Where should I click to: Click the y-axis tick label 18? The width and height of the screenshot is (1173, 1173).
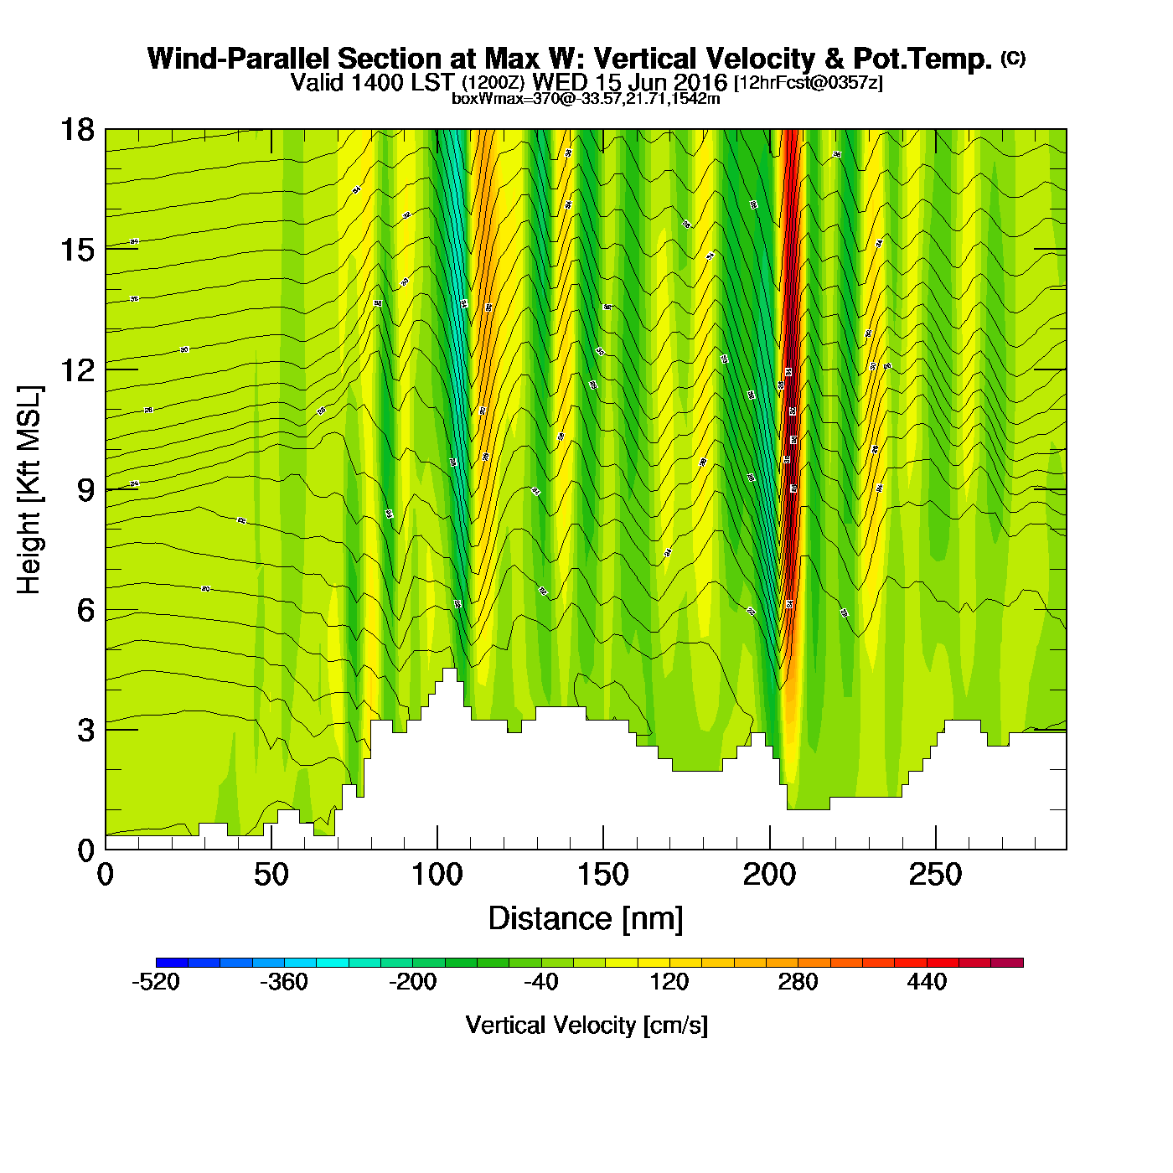coord(76,130)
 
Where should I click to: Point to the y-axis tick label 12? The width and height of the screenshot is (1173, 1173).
coord(76,369)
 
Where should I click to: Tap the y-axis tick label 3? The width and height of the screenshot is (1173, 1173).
coord(85,730)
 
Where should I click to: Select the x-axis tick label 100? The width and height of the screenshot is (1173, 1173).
coord(437,876)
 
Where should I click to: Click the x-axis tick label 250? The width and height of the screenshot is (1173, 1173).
coord(935,876)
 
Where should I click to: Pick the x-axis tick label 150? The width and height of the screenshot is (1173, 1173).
coord(602,876)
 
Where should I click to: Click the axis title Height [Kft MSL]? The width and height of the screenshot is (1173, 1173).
coord(29,490)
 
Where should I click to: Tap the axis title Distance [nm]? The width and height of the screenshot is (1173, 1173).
coord(586,919)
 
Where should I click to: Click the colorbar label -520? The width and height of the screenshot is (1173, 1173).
coord(156,982)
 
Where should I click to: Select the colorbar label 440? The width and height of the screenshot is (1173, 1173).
coord(926,982)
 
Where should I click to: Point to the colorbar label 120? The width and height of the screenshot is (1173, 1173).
coord(669,982)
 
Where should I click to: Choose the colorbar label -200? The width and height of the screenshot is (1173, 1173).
coord(412,982)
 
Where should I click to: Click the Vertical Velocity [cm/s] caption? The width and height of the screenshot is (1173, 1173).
coord(586,1026)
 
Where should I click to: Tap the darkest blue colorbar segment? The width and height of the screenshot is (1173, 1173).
coord(172,963)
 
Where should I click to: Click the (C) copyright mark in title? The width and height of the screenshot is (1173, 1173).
coord(1013,58)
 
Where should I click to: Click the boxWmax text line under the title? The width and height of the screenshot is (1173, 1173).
coord(586,98)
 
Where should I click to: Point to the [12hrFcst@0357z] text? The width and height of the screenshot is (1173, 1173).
coord(808,83)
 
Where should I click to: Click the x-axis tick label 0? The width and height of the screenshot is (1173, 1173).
coord(106,876)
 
